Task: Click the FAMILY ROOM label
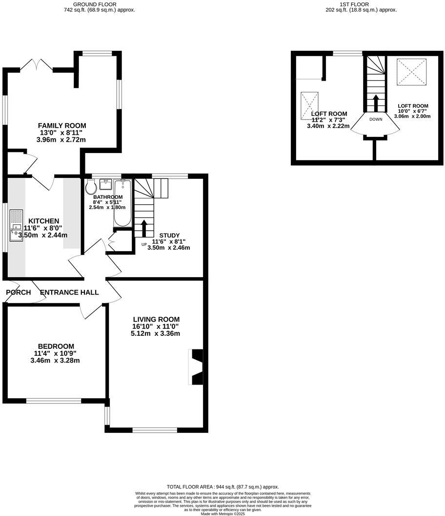click(62, 126)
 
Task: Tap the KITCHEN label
click(43, 221)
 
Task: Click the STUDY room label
click(169, 235)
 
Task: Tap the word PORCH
click(19, 293)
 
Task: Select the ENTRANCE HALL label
click(69, 293)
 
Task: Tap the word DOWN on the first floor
click(376, 119)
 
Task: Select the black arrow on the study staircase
click(144, 228)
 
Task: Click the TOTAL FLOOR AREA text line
click(222, 487)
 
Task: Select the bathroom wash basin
click(105, 184)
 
